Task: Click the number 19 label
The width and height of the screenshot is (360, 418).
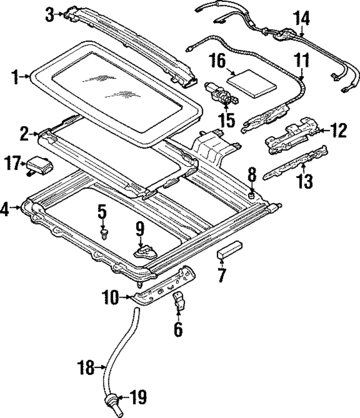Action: (138, 397)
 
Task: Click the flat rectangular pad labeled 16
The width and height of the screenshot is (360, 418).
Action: (252, 84)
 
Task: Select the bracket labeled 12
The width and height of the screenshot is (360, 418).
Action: (292, 136)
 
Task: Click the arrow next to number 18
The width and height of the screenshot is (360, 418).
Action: (100, 367)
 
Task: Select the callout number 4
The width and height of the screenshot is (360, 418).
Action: (5, 209)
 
